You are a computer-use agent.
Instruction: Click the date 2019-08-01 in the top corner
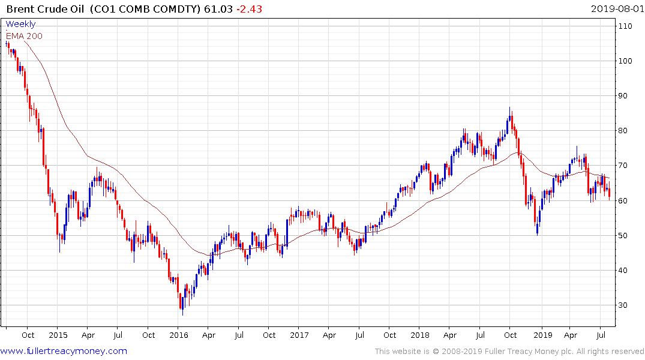pos(616,8)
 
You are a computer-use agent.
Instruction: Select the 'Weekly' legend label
pos(20,24)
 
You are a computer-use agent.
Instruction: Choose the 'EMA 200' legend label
pos(24,36)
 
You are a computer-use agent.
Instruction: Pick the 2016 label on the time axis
pos(179,335)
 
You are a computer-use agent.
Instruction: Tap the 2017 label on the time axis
pos(300,335)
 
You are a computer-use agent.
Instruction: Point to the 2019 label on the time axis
pos(542,335)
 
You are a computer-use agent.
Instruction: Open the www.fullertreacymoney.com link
pos(64,351)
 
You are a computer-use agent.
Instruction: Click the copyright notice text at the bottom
pos(509,352)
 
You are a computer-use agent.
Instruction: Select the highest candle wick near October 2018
pos(510,109)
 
